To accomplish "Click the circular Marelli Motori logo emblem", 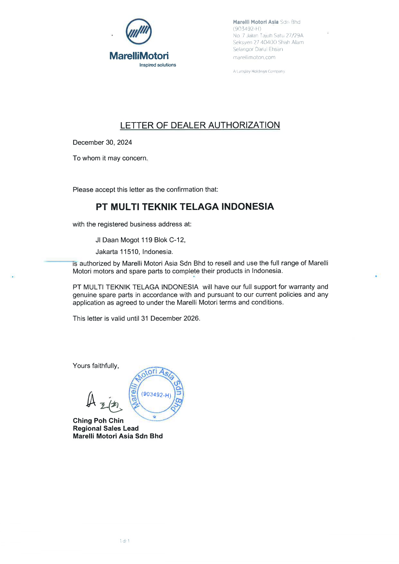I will coord(139,32).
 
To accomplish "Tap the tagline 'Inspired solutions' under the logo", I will coord(158,65).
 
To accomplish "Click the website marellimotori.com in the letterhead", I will coord(254,57).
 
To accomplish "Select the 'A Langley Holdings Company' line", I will coord(259,71).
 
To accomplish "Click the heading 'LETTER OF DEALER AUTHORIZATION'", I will coord(200,125).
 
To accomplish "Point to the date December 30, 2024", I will coord(102,142).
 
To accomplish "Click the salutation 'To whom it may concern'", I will coord(110,158).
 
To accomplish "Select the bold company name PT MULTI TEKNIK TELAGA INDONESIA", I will coord(185,206).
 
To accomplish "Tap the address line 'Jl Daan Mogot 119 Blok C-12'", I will coord(140,240).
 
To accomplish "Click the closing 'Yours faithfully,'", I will coord(96,366).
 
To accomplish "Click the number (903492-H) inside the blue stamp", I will coord(156,395).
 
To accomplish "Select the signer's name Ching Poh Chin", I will coord(98,421).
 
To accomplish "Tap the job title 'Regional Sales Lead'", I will coord(106,428).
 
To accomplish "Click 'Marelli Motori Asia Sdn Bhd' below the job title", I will coord(118,436).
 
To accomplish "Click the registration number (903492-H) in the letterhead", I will coord(247,29).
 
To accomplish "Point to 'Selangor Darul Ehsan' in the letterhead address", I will coord(258,49).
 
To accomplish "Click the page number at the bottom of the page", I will coord(125,541).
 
